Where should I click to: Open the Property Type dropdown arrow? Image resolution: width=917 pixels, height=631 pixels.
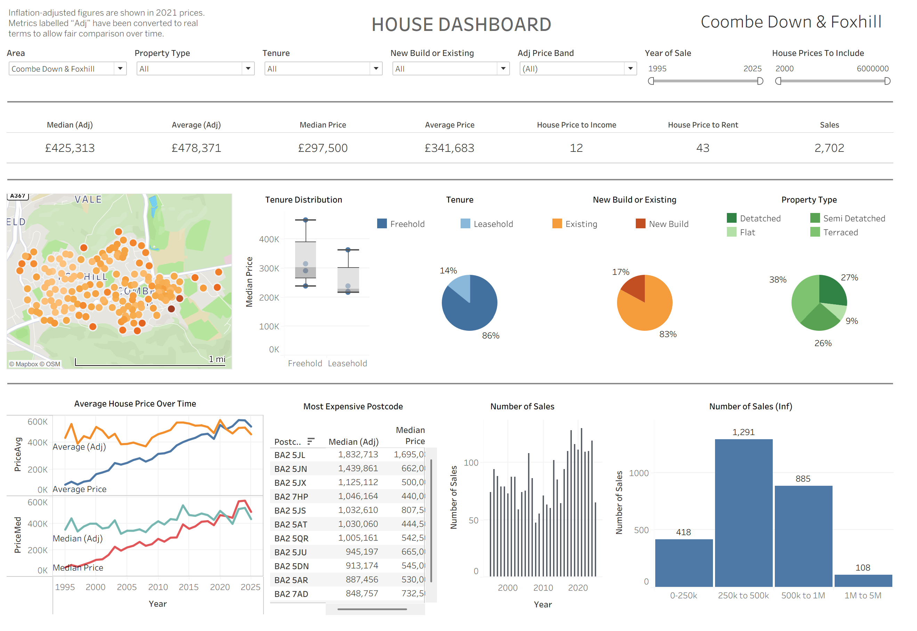[247, 68]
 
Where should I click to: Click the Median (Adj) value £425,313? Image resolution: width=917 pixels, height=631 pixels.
[70, 148]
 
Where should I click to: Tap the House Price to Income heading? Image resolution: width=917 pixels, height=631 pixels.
[576, 125]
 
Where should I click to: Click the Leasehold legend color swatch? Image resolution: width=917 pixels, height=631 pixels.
[465, 224]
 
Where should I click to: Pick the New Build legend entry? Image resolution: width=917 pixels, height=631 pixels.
[668, 224]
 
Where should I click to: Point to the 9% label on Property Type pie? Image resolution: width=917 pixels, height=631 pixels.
[851, 321]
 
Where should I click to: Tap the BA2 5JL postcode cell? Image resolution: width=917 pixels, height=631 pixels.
[290, 455]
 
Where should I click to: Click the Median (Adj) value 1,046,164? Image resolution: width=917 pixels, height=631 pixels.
[357, 496]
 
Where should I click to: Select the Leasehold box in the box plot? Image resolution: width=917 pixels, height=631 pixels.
[348, 279]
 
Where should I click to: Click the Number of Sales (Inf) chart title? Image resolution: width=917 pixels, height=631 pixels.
[750, 406]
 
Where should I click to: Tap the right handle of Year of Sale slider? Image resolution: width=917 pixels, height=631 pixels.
[760, 81]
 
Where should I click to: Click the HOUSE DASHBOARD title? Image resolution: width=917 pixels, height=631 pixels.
[461, 25]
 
